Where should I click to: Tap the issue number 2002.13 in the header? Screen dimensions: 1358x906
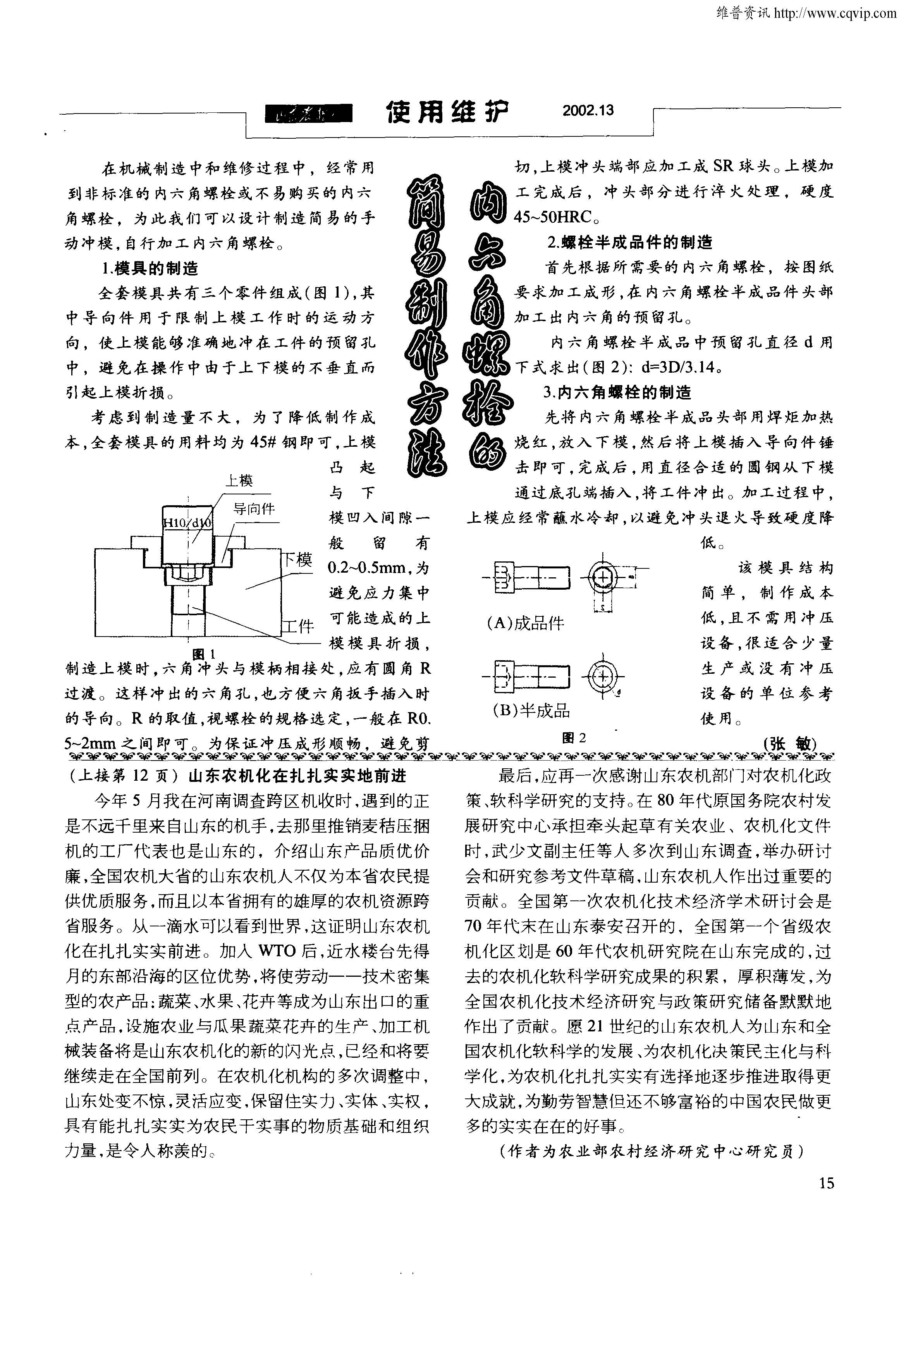coord(588,110)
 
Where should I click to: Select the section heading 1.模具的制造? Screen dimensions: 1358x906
coord(150,269)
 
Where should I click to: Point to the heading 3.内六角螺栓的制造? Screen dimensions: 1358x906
coord(617,393)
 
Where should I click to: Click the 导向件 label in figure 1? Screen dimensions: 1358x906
coord(254,509)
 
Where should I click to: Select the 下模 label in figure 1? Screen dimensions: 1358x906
coord(297,559)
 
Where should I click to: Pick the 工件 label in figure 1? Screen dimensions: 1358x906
coord(298,626)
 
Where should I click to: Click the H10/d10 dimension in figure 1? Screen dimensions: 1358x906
coord(188,523)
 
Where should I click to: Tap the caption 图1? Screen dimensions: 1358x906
coord(203,654)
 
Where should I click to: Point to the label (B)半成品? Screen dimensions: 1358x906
coord(531,710)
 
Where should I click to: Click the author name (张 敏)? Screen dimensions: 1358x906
coord(789,744)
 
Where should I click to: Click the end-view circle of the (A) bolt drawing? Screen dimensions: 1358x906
coord(602,577)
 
